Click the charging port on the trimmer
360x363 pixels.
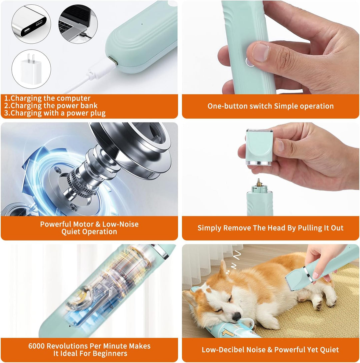pos(114,62)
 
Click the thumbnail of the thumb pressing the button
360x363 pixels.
pos(260,52)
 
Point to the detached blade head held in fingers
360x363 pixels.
pos(259,147)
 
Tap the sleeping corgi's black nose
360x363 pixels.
pos(237,316)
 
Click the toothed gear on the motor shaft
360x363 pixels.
pos(81,182)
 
